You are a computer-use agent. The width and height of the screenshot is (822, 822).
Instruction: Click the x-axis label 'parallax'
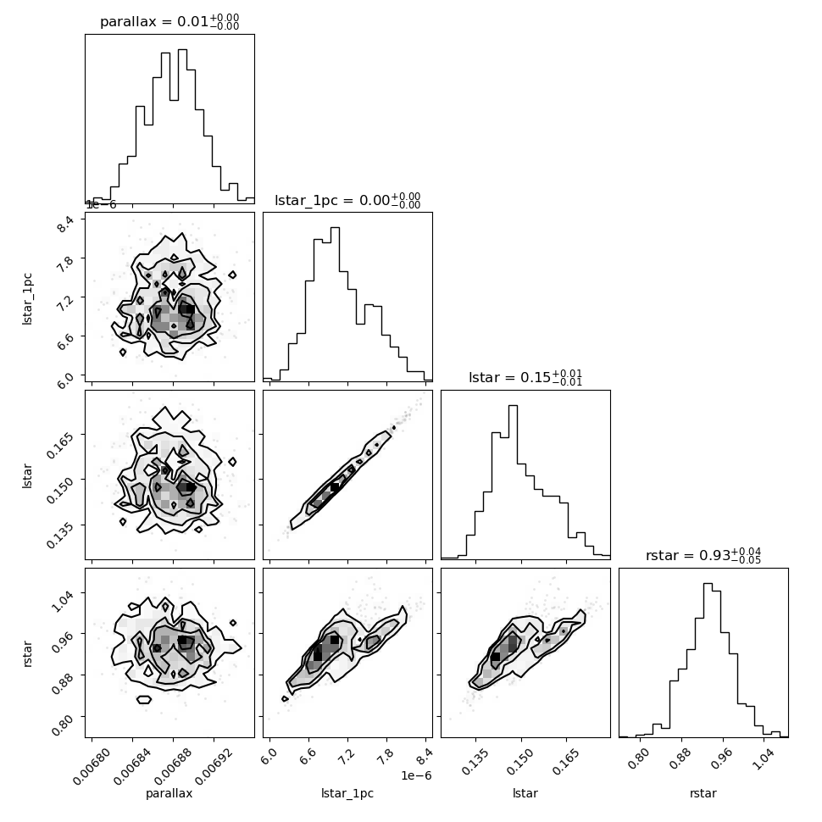tap(169, 793)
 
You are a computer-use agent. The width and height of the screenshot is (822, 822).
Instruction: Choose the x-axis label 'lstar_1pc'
tap(347, 793)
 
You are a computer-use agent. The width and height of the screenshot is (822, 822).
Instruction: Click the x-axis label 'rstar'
tap(703, 793)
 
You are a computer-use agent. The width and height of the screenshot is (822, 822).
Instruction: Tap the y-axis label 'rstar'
tap(27, 653)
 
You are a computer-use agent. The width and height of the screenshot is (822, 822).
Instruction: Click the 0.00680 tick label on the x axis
tap(92, 766)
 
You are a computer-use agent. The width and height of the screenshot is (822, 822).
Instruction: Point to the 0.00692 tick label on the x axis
tap(214, 766)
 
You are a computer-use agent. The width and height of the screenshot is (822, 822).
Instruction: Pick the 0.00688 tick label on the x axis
tap(173, 766)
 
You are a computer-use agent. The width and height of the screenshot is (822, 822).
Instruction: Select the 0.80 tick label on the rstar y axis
tap(62, 725)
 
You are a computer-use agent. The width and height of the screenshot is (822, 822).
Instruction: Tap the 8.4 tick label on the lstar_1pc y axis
tap(65, 225)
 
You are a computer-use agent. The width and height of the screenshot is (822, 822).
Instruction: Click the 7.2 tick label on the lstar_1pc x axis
tap(347, 758)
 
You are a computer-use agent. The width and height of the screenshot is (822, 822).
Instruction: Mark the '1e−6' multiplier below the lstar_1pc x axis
tap(416, 775)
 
